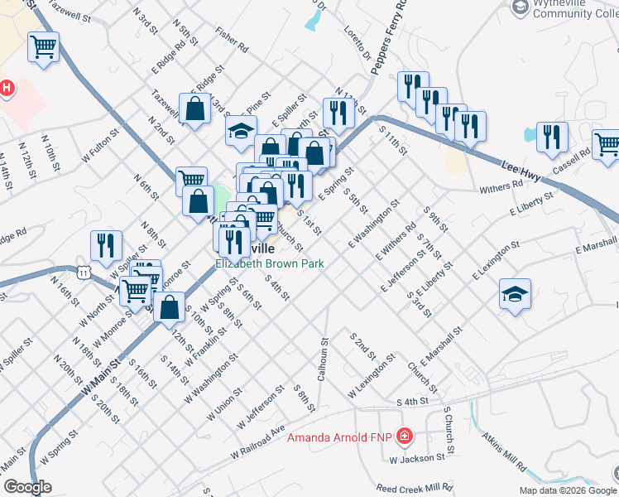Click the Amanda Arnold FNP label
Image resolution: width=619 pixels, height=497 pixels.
coord(341,437)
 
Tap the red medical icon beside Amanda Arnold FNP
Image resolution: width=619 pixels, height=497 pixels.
coord(405,436)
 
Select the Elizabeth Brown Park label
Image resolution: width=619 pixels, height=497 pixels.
coord(269,263)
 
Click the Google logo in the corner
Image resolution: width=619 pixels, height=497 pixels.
coord(27,487)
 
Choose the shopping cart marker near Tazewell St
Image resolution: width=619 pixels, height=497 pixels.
coord(43,46)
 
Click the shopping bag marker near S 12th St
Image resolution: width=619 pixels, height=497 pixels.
coord(170,308)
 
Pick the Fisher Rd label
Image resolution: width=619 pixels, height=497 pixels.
coord(232,43)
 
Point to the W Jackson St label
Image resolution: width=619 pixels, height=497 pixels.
coord(418,458)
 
